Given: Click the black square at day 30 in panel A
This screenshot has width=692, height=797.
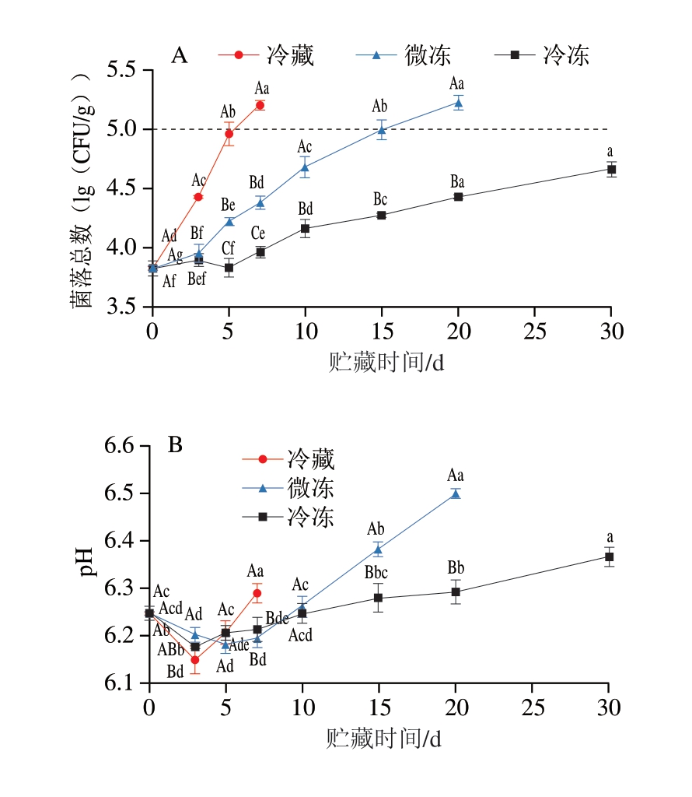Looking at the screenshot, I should tap(611, 169).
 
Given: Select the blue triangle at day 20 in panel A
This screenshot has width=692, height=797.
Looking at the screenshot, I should tap(458, 102).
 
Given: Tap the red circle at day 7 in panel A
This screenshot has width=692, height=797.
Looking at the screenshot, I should tap(260, 105).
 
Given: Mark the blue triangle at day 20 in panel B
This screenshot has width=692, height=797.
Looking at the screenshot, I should tap(456, 493).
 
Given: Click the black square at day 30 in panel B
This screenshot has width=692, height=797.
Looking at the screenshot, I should tap(610, 556).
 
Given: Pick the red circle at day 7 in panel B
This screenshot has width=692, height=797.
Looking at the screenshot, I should tap(257, 593).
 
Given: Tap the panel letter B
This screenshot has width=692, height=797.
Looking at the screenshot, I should tap(176, 446).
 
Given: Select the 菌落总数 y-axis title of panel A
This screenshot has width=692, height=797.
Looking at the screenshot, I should tap(86, 191).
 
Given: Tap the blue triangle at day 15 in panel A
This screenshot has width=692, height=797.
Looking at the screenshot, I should tap(382, 130).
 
